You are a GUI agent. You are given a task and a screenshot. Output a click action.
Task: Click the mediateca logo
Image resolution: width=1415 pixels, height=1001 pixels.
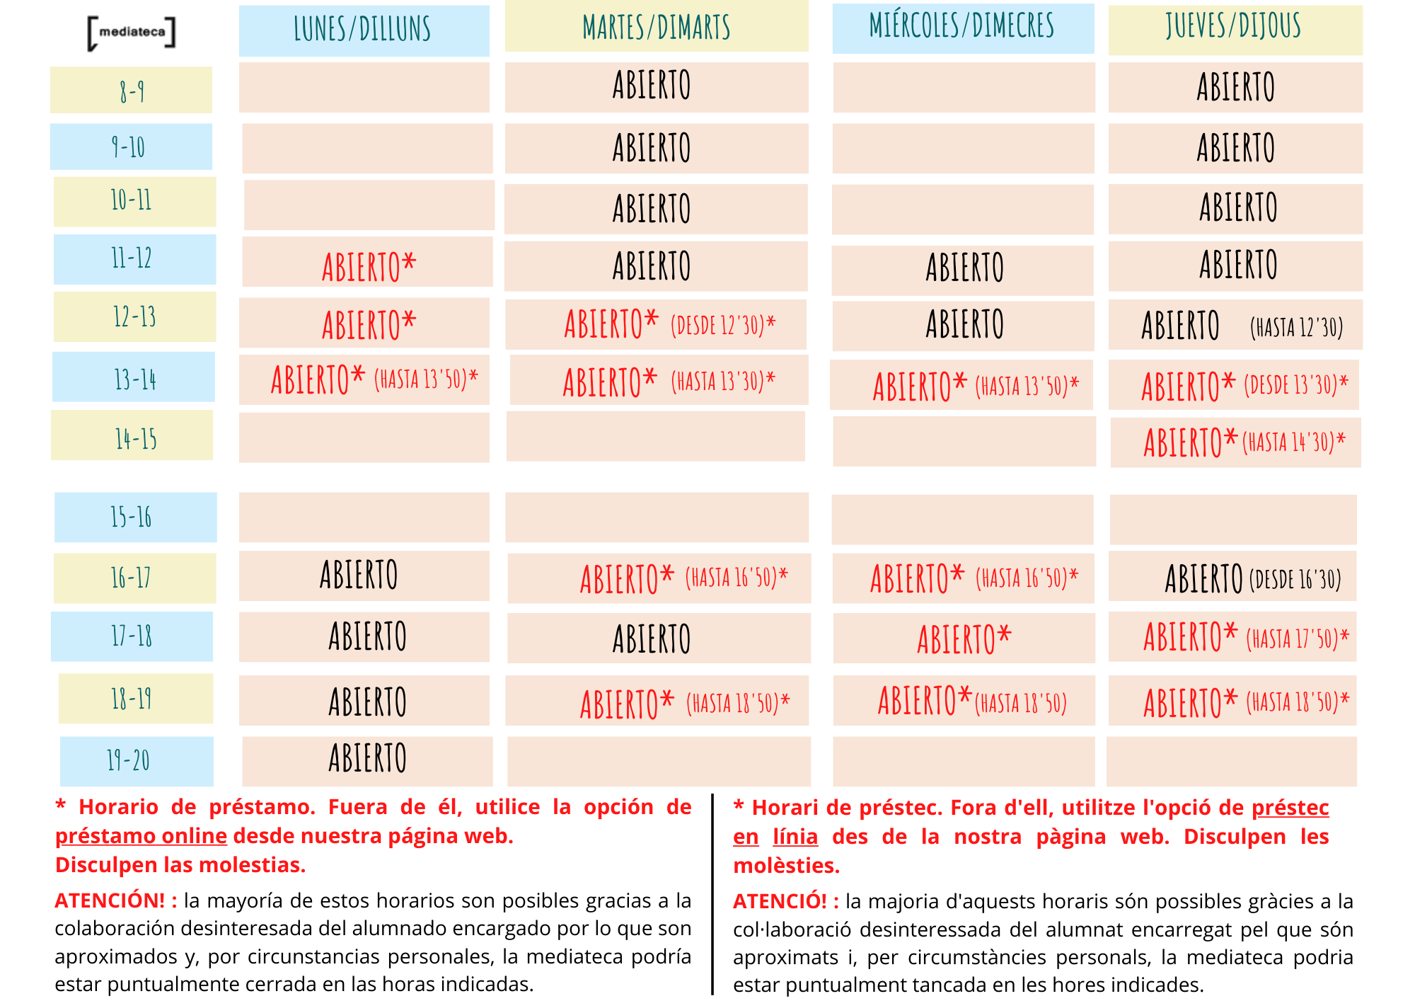pyautogui.click(x=132, y=33)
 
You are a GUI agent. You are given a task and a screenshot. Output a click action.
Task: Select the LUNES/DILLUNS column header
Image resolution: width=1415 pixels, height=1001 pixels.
pyautogui.click(x=364, y=30)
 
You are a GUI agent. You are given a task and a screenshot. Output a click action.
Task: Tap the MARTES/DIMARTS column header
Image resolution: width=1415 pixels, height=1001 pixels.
pyautogui.click(x=657, y=27)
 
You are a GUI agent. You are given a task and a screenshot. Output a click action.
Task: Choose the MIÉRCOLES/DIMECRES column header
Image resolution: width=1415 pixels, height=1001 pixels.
pyautogui.click(x=962, y=27)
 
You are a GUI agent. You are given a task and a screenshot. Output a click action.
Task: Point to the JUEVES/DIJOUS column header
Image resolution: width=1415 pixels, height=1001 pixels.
pyautogui.click(x=1235, y=28)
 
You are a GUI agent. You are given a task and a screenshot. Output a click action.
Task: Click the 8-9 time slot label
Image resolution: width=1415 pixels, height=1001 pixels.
pyautogui.click(x=132, y=91)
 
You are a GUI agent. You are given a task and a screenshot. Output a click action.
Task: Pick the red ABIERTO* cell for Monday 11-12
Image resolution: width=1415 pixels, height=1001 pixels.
pyautogui.click(x=369, y=266)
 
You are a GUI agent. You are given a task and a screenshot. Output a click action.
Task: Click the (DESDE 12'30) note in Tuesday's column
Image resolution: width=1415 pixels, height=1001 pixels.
pyautogui.click(x=722, y=326)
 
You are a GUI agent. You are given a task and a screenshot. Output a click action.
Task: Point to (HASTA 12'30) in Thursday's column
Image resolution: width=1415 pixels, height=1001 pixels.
pyautogui.click(x=1296, y=327)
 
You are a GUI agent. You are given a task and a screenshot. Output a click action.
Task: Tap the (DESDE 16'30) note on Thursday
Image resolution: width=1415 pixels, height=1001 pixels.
pyautogui.click(x=1295, y=580)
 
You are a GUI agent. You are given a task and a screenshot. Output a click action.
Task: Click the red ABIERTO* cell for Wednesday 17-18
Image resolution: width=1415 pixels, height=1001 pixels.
pyautogui.click(x=964, y=638)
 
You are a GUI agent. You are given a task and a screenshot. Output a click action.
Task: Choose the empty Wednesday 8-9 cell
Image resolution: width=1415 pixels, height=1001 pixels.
pyautogui.click(x=964, y=88)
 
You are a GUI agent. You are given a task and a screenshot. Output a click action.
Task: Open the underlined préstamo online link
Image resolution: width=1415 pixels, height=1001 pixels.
pyautogui.click(x=141, y=836)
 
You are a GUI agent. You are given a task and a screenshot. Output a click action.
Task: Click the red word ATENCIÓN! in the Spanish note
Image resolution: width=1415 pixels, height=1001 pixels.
pyautogui.click(x=110, y=900)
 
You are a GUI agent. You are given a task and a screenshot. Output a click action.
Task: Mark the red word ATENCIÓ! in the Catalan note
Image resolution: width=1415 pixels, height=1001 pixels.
pyautogui.click(x=780, y=901)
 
